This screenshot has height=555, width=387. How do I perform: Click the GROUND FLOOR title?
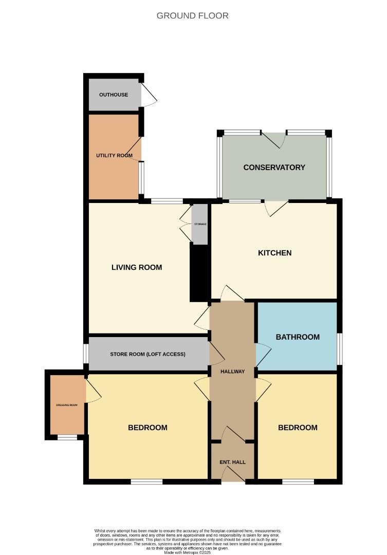coord(193,16)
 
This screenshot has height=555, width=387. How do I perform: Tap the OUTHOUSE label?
coord(114,95)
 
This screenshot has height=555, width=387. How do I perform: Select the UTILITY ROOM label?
coord(114,156)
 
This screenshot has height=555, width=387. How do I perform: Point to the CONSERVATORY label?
coord(274,168)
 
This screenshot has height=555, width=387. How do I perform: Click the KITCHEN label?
coord(274,253)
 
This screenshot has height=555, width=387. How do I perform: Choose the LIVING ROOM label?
coord(137,267)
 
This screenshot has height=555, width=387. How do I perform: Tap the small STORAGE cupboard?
coord(199,225)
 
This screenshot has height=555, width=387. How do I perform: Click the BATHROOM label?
coord(298,337)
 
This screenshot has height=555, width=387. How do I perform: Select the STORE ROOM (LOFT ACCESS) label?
coord(148,355)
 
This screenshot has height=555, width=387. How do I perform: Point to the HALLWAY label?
coord(233,372)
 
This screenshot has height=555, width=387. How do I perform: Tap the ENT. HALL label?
coord(233,462)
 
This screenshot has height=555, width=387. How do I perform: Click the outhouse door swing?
coord(149,96)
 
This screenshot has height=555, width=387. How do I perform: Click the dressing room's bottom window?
coord(67,438)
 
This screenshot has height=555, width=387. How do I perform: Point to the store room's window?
coord(86,354)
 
